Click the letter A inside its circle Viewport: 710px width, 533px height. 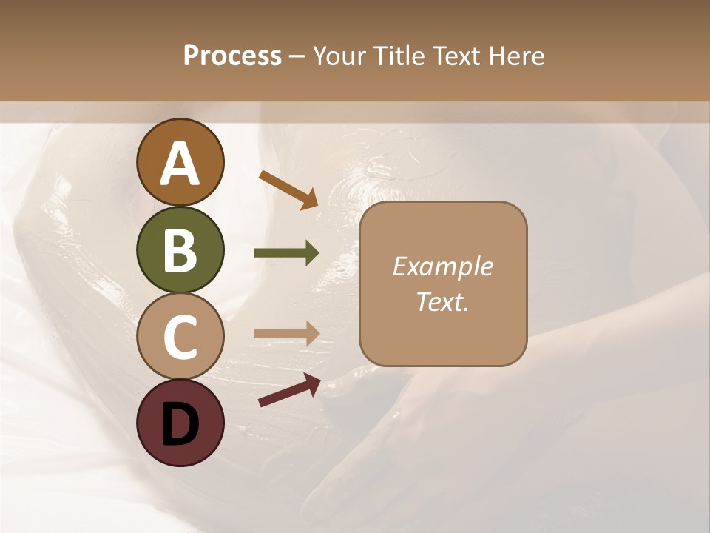click(180, 164)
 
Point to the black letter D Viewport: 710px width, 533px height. click(180, 424)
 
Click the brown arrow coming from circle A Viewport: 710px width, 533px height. click(288, 190)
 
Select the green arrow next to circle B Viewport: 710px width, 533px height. click(286, 253)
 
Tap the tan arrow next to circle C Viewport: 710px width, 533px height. click(286, 334)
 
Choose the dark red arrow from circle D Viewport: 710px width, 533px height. click(289, 390)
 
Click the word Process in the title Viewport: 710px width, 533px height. click(232, 56)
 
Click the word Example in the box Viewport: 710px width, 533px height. click(442, 266)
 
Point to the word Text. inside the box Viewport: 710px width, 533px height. click(442, 301)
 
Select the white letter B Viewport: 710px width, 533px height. click(180, 251)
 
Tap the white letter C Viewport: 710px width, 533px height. click(180, 338)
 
